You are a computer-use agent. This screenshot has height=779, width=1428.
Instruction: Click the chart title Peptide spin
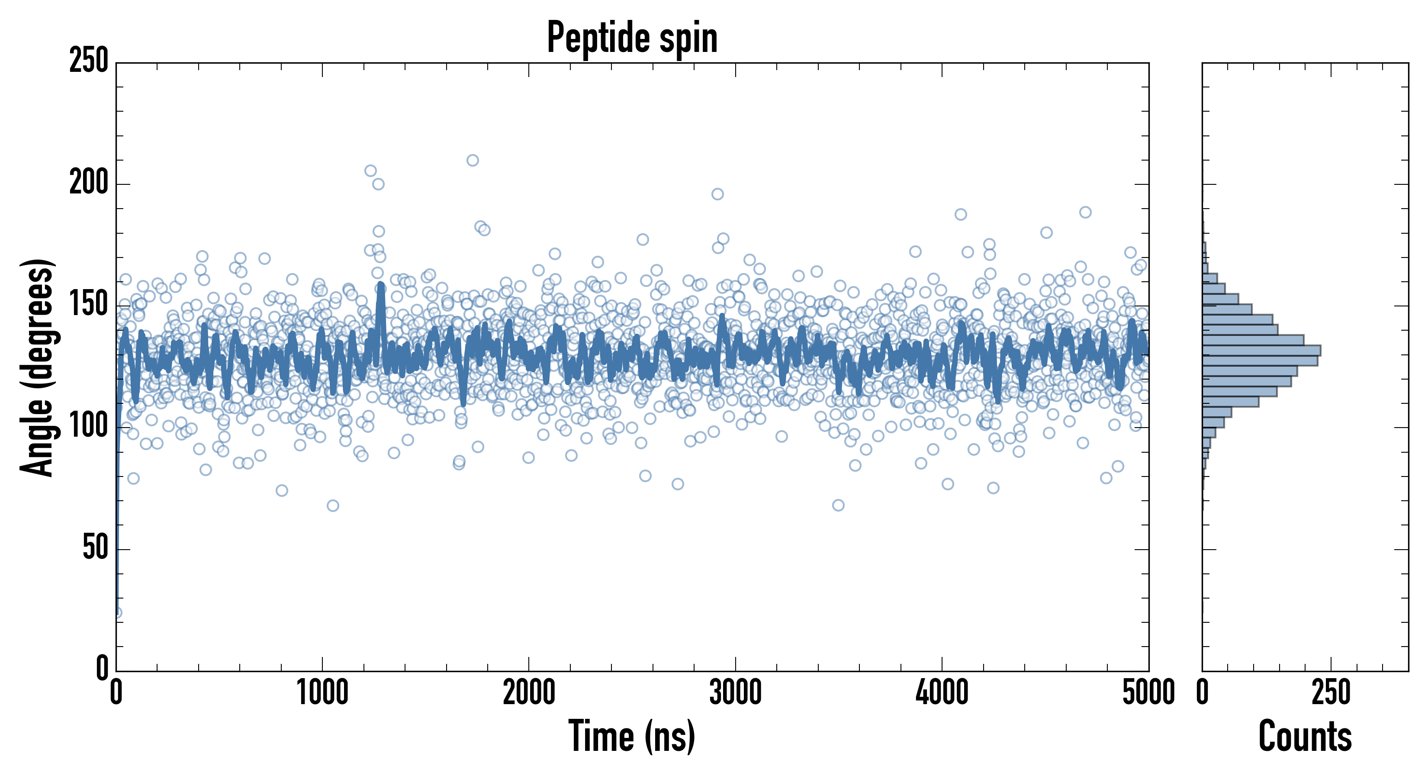pos(632,38)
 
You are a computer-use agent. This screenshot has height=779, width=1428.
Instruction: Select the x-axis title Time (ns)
pos(631,736)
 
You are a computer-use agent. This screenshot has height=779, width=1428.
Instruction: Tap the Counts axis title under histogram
pos(1305,736)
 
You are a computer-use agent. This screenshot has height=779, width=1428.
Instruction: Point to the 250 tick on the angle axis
pos(89,61)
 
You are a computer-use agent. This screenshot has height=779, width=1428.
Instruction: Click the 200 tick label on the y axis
pos(89,183)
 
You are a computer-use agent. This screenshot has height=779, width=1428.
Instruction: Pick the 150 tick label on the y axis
pos(89,305)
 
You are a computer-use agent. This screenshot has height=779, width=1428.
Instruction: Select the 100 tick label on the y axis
pos(89,427)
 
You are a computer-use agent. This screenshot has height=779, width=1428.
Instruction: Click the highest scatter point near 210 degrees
pos(472,160)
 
